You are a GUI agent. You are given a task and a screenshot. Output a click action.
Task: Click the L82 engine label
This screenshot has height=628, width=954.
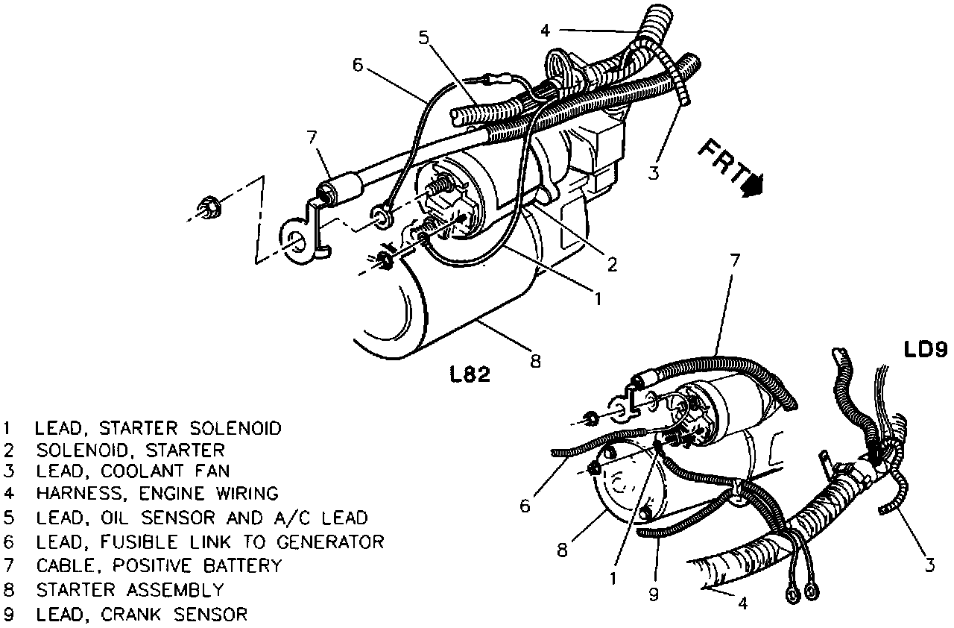(x=470, y=374)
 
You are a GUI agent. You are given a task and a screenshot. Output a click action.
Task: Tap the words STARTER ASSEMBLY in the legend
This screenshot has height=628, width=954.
(x=129, y=590)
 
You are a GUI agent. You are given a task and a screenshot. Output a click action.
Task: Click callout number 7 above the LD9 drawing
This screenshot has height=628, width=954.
(x=735, y=262)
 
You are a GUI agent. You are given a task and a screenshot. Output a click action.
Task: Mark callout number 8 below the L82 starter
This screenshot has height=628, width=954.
(x=534, y=360)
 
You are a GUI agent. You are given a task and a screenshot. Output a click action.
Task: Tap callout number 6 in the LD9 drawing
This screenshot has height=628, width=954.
(x=525, y=506)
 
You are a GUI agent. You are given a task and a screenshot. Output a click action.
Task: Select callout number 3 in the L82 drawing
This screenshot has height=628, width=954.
(x=653, y=174)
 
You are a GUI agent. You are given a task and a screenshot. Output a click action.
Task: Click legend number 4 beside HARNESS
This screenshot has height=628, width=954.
(x=7, y=493)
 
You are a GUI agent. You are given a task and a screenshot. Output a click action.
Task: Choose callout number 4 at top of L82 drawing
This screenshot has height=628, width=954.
(x=546, y=31)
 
